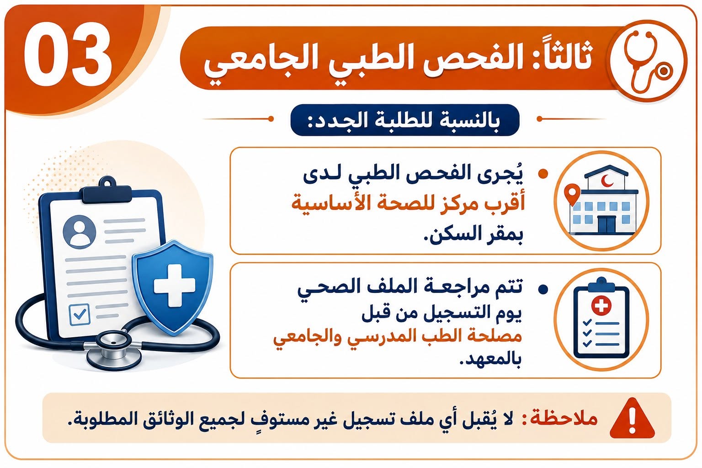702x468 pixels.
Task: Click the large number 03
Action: tap(68, 54)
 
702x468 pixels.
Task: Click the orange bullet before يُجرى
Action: tap(543, 174)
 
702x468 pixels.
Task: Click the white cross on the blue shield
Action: tap(175, 286)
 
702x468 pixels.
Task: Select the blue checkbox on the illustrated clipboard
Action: tap(79, 314)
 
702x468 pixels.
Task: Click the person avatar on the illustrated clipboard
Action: tap(79, 232)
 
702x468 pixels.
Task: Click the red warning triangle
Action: tap(632, 419)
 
